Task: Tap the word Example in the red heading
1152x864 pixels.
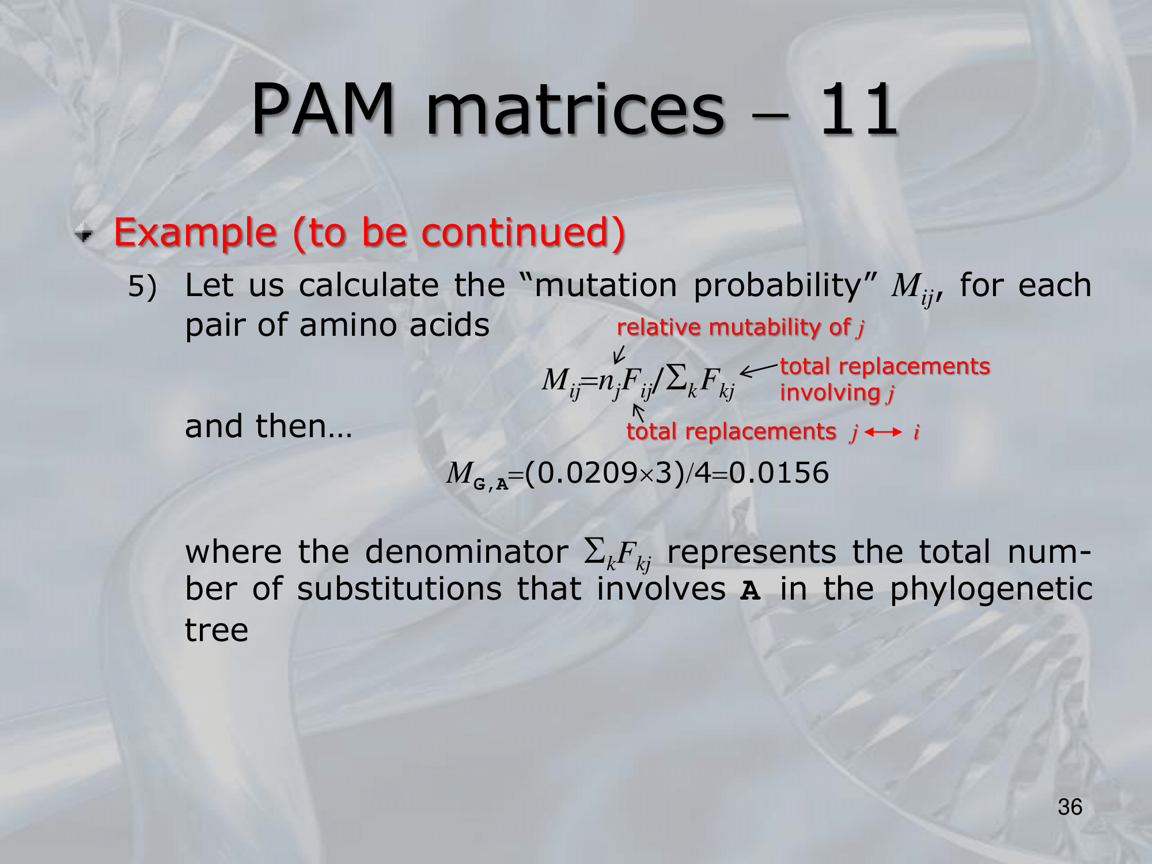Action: click(x=195, y=233)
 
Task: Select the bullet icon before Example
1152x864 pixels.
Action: click(x=84, y=233)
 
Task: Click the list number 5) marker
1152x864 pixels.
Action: click(x=142, y=286)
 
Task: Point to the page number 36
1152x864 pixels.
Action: click(x=1070, y=807)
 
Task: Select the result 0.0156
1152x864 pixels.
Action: click(x=779, y=473)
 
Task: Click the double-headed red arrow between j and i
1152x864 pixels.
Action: click(x=883, y=432)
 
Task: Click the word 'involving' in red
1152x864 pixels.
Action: click(x=830, y=392)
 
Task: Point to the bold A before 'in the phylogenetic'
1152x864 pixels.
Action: click(x=750, y=591)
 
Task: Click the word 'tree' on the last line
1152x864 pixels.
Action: click(x=217, y=630)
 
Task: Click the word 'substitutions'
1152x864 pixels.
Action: click(x=399, y=590)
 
